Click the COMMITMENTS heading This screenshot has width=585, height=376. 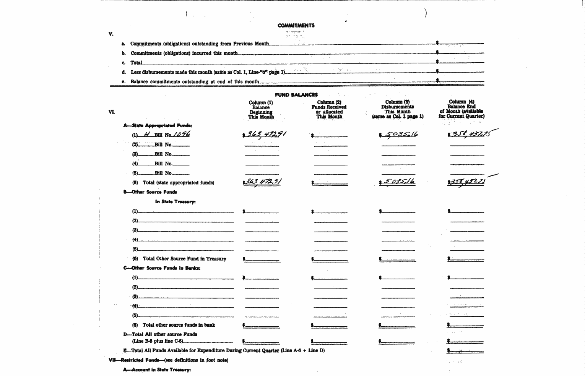click(296, 26)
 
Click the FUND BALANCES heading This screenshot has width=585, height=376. click(296, 95)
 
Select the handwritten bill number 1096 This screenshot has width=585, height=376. click(181, 134)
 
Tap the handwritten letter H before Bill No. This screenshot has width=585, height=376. click(147, 135)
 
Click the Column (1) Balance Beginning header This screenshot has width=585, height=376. click(261, 110)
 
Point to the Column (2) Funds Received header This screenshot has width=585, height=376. click(329, 110)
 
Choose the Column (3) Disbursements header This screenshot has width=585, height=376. click(398, 109)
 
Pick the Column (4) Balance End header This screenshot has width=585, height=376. click(461, 109)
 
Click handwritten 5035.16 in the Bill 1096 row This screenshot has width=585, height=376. click(401, 134)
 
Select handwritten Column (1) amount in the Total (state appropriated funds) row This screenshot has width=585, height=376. click(263, 182)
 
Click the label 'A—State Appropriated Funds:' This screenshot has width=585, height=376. click(158, 125)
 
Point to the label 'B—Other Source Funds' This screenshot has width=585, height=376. click(150, 192)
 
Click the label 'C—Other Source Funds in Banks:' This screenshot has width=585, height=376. click(162, 268)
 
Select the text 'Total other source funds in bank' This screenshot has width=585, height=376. click(179, 325)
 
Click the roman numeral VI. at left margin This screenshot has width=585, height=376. click(112, 112)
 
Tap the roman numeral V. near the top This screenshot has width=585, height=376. click(111, 34)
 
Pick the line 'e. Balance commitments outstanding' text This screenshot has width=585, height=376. click(195, 82)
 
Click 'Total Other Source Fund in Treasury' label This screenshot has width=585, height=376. click(184, 259)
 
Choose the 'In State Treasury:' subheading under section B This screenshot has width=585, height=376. click(175, 202)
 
